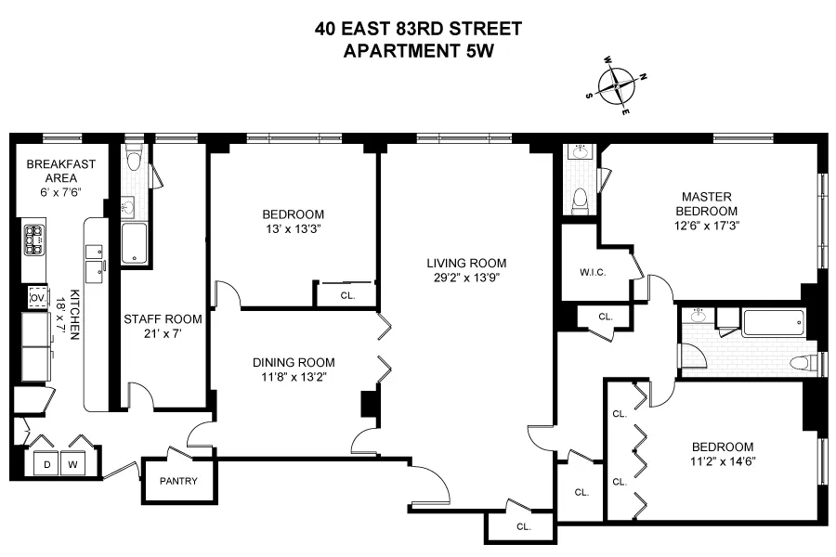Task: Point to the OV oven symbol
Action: coord(38,297)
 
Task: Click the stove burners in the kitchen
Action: coord(35,240)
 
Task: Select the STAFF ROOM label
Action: coord(156,320)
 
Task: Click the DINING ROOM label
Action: coord(294,362)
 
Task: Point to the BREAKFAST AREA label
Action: coord(61,171)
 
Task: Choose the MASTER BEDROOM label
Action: coord(708,203)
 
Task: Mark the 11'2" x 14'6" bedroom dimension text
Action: coord(721,461)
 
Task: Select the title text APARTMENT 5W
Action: coord(418,51)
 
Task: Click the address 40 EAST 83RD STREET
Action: coord(418,29)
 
